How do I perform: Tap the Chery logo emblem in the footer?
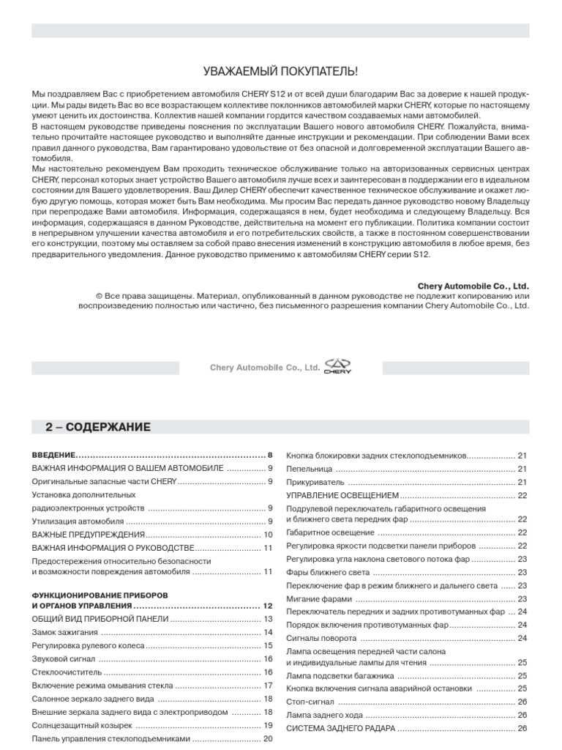click(x=338, y=367)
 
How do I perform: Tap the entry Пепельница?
click(x=310, y=468)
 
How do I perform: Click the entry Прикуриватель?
click(x=315, y=482)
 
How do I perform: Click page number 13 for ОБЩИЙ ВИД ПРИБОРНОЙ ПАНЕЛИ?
click(x=268, y=619)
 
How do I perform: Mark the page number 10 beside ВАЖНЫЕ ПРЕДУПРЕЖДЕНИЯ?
click(x=268, y=535)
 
